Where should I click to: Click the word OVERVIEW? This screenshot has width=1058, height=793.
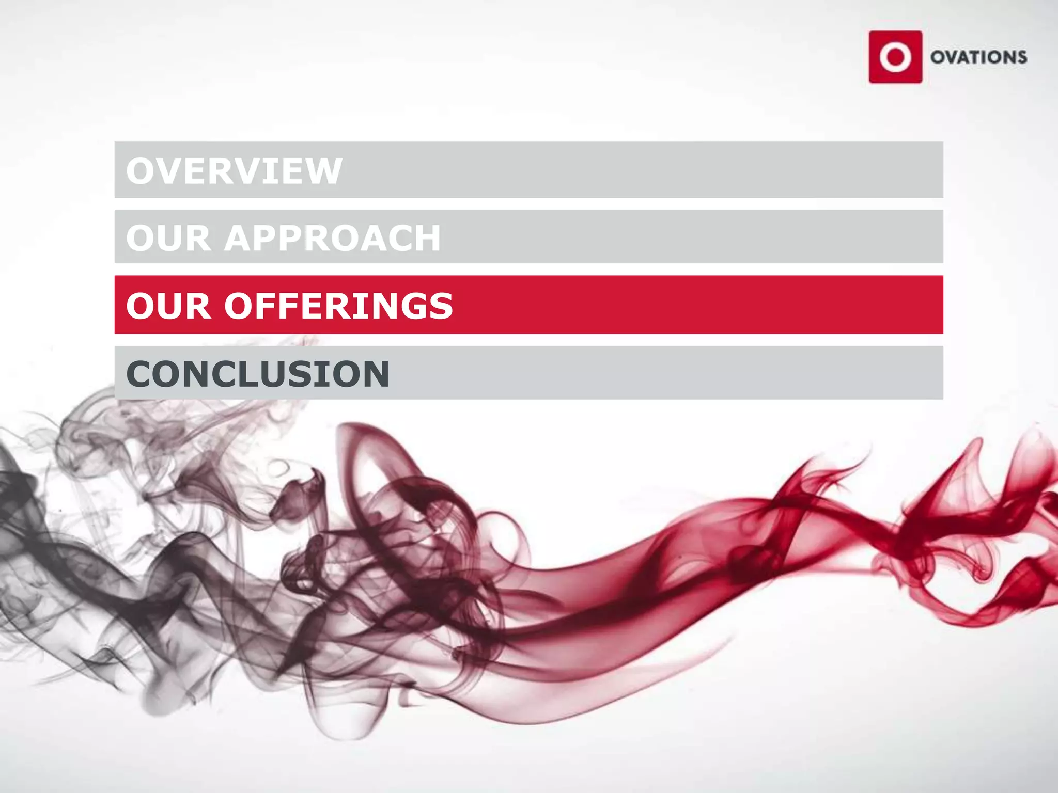(x=234, y=171)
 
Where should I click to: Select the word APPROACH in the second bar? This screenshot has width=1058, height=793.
(x=332, y=238)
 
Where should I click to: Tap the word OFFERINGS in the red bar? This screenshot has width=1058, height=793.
(x=338, y=306)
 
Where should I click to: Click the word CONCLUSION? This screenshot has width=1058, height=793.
(x=257, y=374)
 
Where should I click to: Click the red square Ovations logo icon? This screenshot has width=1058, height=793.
(x=895, y=57)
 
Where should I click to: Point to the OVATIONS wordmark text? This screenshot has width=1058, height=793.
(x=978, y=57)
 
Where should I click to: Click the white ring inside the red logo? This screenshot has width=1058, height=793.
(x=895, y=57)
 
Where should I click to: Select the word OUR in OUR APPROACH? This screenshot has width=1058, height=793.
(x=168, y=238)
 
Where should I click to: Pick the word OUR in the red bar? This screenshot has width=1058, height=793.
(x=168, y=306)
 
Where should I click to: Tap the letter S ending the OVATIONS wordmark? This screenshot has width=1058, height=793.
(x=1021, y=57)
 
